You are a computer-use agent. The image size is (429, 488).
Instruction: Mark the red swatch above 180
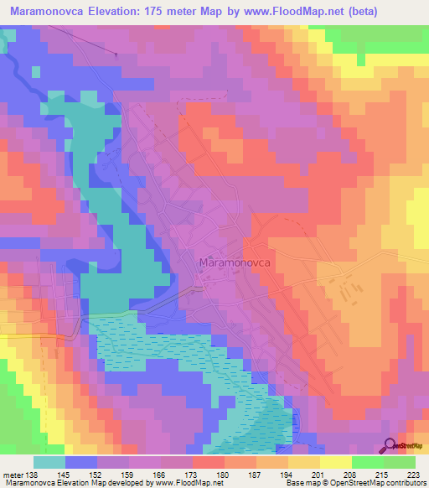coord(208,462)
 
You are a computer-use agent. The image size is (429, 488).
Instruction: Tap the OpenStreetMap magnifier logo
coord(390,445)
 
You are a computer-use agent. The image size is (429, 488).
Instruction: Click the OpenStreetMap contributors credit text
coord(380,484)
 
